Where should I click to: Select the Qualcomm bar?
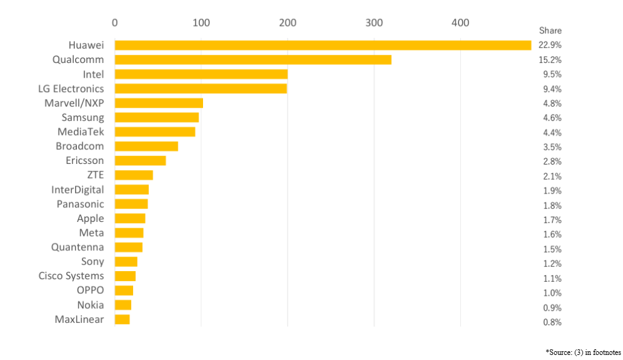(253, 60)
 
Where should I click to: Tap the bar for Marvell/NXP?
(159, 103)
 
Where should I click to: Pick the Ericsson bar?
(140, 161)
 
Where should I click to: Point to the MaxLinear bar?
(122, 320)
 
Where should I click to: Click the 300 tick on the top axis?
(374, 23)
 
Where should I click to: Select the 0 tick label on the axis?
(115, 23)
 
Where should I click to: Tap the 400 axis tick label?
(460, 23)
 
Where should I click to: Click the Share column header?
(550, 30)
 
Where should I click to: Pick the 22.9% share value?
(550, 45)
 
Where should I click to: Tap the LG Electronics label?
(71, 88)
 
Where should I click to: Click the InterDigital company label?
(78, 190)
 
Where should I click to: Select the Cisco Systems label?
(71, 276)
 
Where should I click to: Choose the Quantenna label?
(78, 247)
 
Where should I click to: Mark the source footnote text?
(583, 352)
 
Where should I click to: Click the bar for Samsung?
(156, 117)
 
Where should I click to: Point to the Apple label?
(90, 219)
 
